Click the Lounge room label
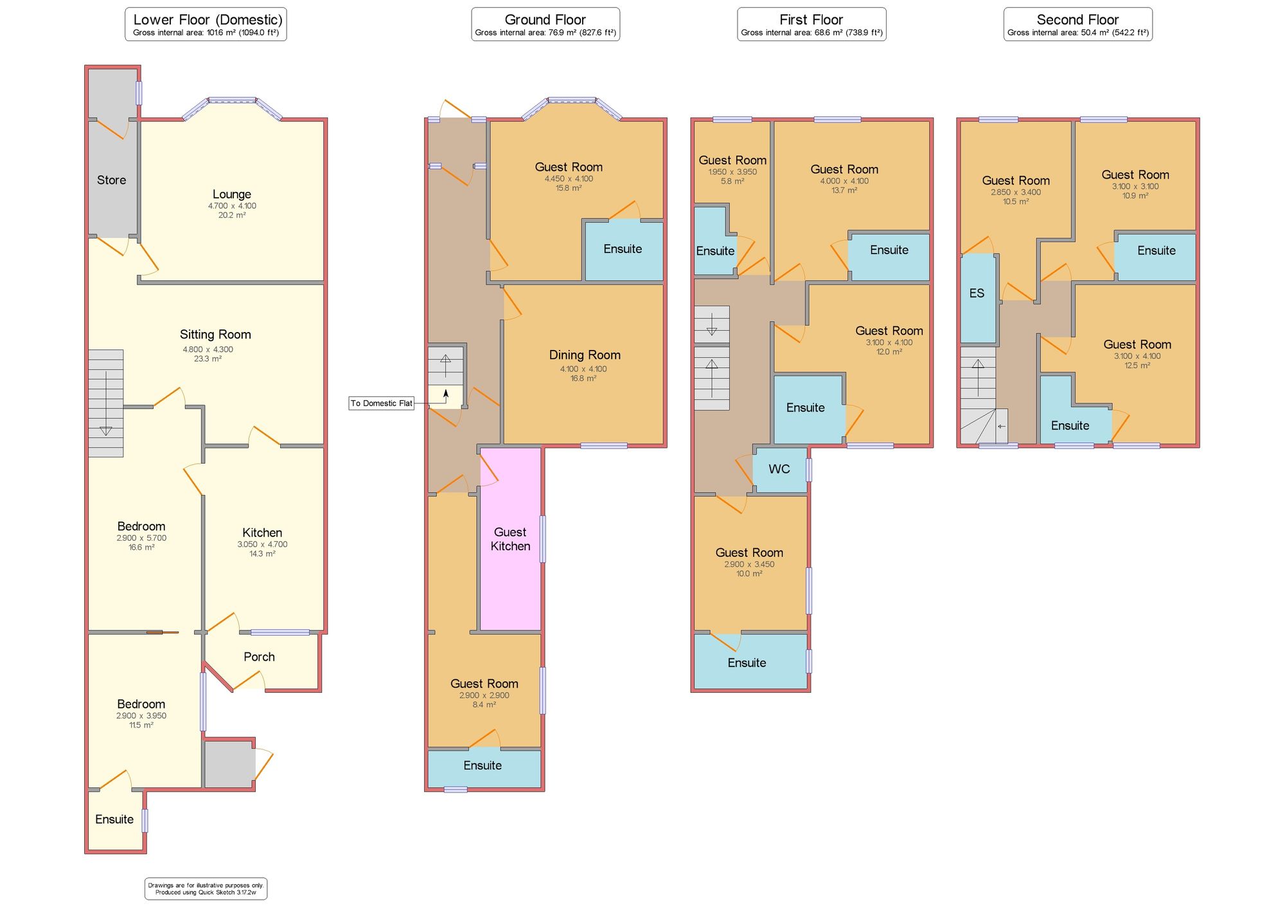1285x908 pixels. pos(231,194)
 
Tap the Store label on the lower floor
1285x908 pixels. pos(111,180)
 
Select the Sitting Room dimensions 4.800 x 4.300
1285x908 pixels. pos(208,349)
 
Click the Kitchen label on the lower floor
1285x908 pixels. pos(261,532)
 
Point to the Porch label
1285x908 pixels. pos(259,656)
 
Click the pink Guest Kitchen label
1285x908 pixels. pos(510,539)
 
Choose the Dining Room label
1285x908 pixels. pos(584,354)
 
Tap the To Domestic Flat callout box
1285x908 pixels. pos(381,403)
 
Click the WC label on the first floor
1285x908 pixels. pos(779,469)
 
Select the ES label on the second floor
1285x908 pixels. pos(976,293)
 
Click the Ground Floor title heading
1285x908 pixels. pos(545,19)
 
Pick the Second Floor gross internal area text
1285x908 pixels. pos(1077,33)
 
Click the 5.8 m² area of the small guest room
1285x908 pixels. pos(732,182)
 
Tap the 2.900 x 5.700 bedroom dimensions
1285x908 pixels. pos(141,538)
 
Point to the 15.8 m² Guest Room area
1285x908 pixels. pos(568,188)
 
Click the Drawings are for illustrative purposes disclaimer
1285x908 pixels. pos(206,889)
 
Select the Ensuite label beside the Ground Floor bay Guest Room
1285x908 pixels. pos(622,249)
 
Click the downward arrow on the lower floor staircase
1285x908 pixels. pos(106,430)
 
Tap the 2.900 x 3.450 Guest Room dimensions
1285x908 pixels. pos(749,564)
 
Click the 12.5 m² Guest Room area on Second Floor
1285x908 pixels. pos(1137,365)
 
